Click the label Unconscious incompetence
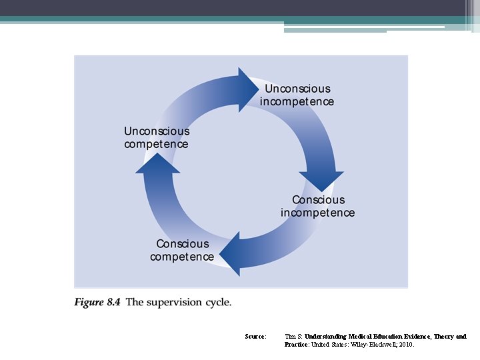(297, 95)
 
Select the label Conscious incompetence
(318, 207)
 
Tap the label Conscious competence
(182, 251)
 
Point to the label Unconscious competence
(157, 138)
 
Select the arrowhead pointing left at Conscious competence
(230, 254)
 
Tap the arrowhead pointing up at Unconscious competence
(158, 163)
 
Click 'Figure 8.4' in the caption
(97, 303)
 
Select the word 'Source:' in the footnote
(255, 337)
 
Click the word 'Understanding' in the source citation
(325, 337)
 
